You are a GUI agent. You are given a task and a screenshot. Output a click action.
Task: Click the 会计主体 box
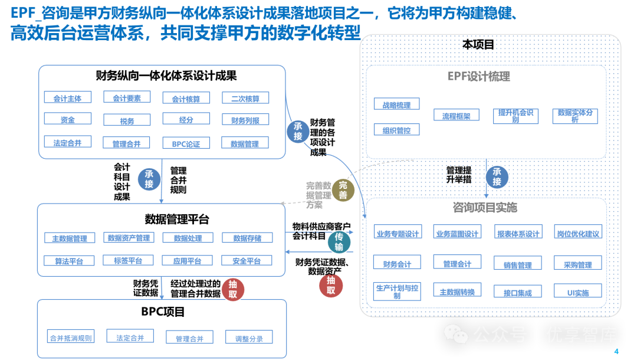click(x=68, y=98)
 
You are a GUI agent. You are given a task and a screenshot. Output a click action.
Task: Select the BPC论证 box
click(x=186, y=143)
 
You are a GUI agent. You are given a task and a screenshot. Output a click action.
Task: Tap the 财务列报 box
click(x=245, y=120)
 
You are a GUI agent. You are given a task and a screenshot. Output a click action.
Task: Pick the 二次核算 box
click(x=245, y=99)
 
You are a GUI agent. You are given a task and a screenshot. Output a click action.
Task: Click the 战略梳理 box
click(x=396, y=105)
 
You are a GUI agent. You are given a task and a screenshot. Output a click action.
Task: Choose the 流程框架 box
click(x=457, y=116)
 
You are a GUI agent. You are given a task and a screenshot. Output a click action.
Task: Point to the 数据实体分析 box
click(x=575, y=116)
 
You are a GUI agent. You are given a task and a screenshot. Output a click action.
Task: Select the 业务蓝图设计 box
click(x=457, y=233)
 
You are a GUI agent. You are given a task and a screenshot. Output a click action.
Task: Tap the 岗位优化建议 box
click(x=578, y=233)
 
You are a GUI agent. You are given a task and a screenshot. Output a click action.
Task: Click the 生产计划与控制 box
click(x=397, y=291)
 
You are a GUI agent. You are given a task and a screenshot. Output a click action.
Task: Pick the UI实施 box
click(x=578, y=292)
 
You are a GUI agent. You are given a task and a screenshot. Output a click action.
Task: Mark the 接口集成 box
click(x=517, y=292)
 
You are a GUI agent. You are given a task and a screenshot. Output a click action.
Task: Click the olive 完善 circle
click(x=343, y=191)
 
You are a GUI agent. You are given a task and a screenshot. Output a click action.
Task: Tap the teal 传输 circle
click(x=339, y=242)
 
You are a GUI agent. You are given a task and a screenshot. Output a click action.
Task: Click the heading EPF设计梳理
click(x=487, y=77)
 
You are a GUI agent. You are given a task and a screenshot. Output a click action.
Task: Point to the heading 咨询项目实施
click(x=487, y=207)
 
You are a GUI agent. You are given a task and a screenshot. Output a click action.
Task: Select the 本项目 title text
click(x=478, y=45)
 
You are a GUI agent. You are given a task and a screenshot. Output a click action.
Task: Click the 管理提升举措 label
click(x=458, y=175)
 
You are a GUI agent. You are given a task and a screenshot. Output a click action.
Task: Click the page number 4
click(x=617, y=352)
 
